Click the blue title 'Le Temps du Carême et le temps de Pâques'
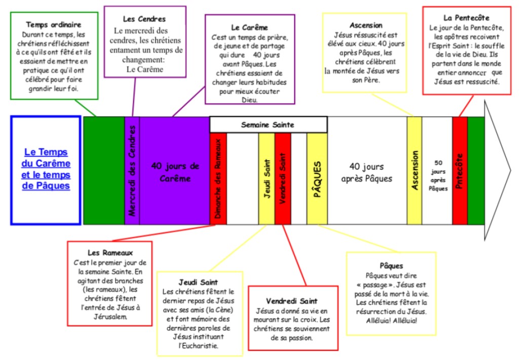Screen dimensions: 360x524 46,169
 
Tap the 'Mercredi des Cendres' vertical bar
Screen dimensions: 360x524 132,170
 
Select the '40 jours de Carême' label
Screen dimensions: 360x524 175,172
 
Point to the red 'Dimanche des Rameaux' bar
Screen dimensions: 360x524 218,178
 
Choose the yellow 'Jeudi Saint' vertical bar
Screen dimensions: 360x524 267,178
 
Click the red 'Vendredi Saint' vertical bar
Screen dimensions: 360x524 283,178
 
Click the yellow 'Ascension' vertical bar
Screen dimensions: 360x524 415,171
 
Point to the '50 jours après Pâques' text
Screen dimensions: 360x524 437,175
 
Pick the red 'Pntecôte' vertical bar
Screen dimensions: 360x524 460,171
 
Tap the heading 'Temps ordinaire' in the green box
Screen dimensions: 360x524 53,24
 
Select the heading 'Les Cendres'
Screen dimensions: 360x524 144,19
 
